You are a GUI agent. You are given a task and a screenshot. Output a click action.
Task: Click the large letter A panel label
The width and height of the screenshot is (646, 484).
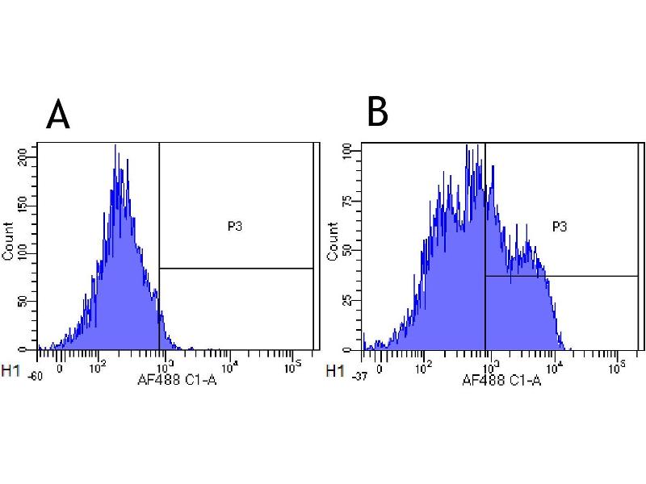(58, 115)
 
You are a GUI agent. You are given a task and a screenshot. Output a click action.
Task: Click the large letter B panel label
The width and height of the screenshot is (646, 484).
(377, 112)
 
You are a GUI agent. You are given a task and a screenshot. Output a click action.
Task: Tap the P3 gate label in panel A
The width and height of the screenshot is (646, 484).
(235, 227)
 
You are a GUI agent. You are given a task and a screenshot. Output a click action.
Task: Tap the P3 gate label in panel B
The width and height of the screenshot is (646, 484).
(560, 227)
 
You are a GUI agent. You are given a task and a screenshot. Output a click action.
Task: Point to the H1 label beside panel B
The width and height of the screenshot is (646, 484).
(333, 371)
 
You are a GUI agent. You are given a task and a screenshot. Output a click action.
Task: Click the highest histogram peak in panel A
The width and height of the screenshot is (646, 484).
(115, 147)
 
